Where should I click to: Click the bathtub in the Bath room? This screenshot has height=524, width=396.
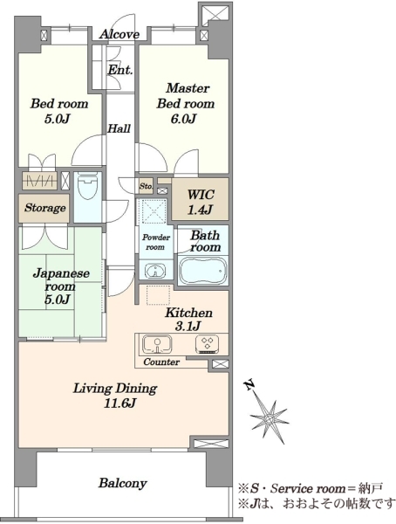(202, 270)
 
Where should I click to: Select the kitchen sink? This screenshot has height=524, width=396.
(157, 344)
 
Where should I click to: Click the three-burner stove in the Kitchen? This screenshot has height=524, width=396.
(207, 344)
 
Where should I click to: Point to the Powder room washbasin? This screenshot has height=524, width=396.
(155, 271)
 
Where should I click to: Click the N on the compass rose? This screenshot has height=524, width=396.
(249, 385)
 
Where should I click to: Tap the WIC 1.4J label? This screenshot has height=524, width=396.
(200, 202)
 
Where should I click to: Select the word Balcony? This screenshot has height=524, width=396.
(122, 483)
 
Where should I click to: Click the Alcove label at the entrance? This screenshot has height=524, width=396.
(119, 34)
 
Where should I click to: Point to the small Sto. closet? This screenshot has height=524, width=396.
(146, 186)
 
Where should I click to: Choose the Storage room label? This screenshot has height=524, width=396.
(44, 208)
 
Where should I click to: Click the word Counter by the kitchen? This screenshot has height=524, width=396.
(161, 362)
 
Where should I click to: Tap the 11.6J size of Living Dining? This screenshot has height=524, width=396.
(119, 403)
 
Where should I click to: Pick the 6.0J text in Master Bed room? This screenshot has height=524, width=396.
(183, 119)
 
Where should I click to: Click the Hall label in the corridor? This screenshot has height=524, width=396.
(119, 128)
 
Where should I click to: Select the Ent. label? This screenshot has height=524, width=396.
(120, 70)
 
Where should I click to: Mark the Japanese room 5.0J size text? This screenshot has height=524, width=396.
(57, 299)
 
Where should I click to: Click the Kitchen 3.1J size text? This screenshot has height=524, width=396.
(188, 326)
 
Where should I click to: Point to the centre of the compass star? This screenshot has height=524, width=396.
(269, 417)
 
